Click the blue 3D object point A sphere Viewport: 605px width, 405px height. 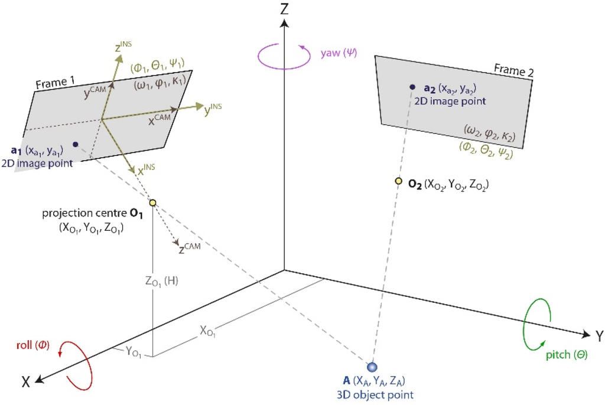click(372, 367)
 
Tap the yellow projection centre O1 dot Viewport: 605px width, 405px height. click(152, 203)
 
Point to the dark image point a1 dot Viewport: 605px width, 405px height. click(75, 144)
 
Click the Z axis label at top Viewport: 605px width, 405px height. click(284, 9)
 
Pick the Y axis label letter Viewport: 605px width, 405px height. click(599, 337)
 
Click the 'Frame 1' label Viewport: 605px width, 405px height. click(53, 84)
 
